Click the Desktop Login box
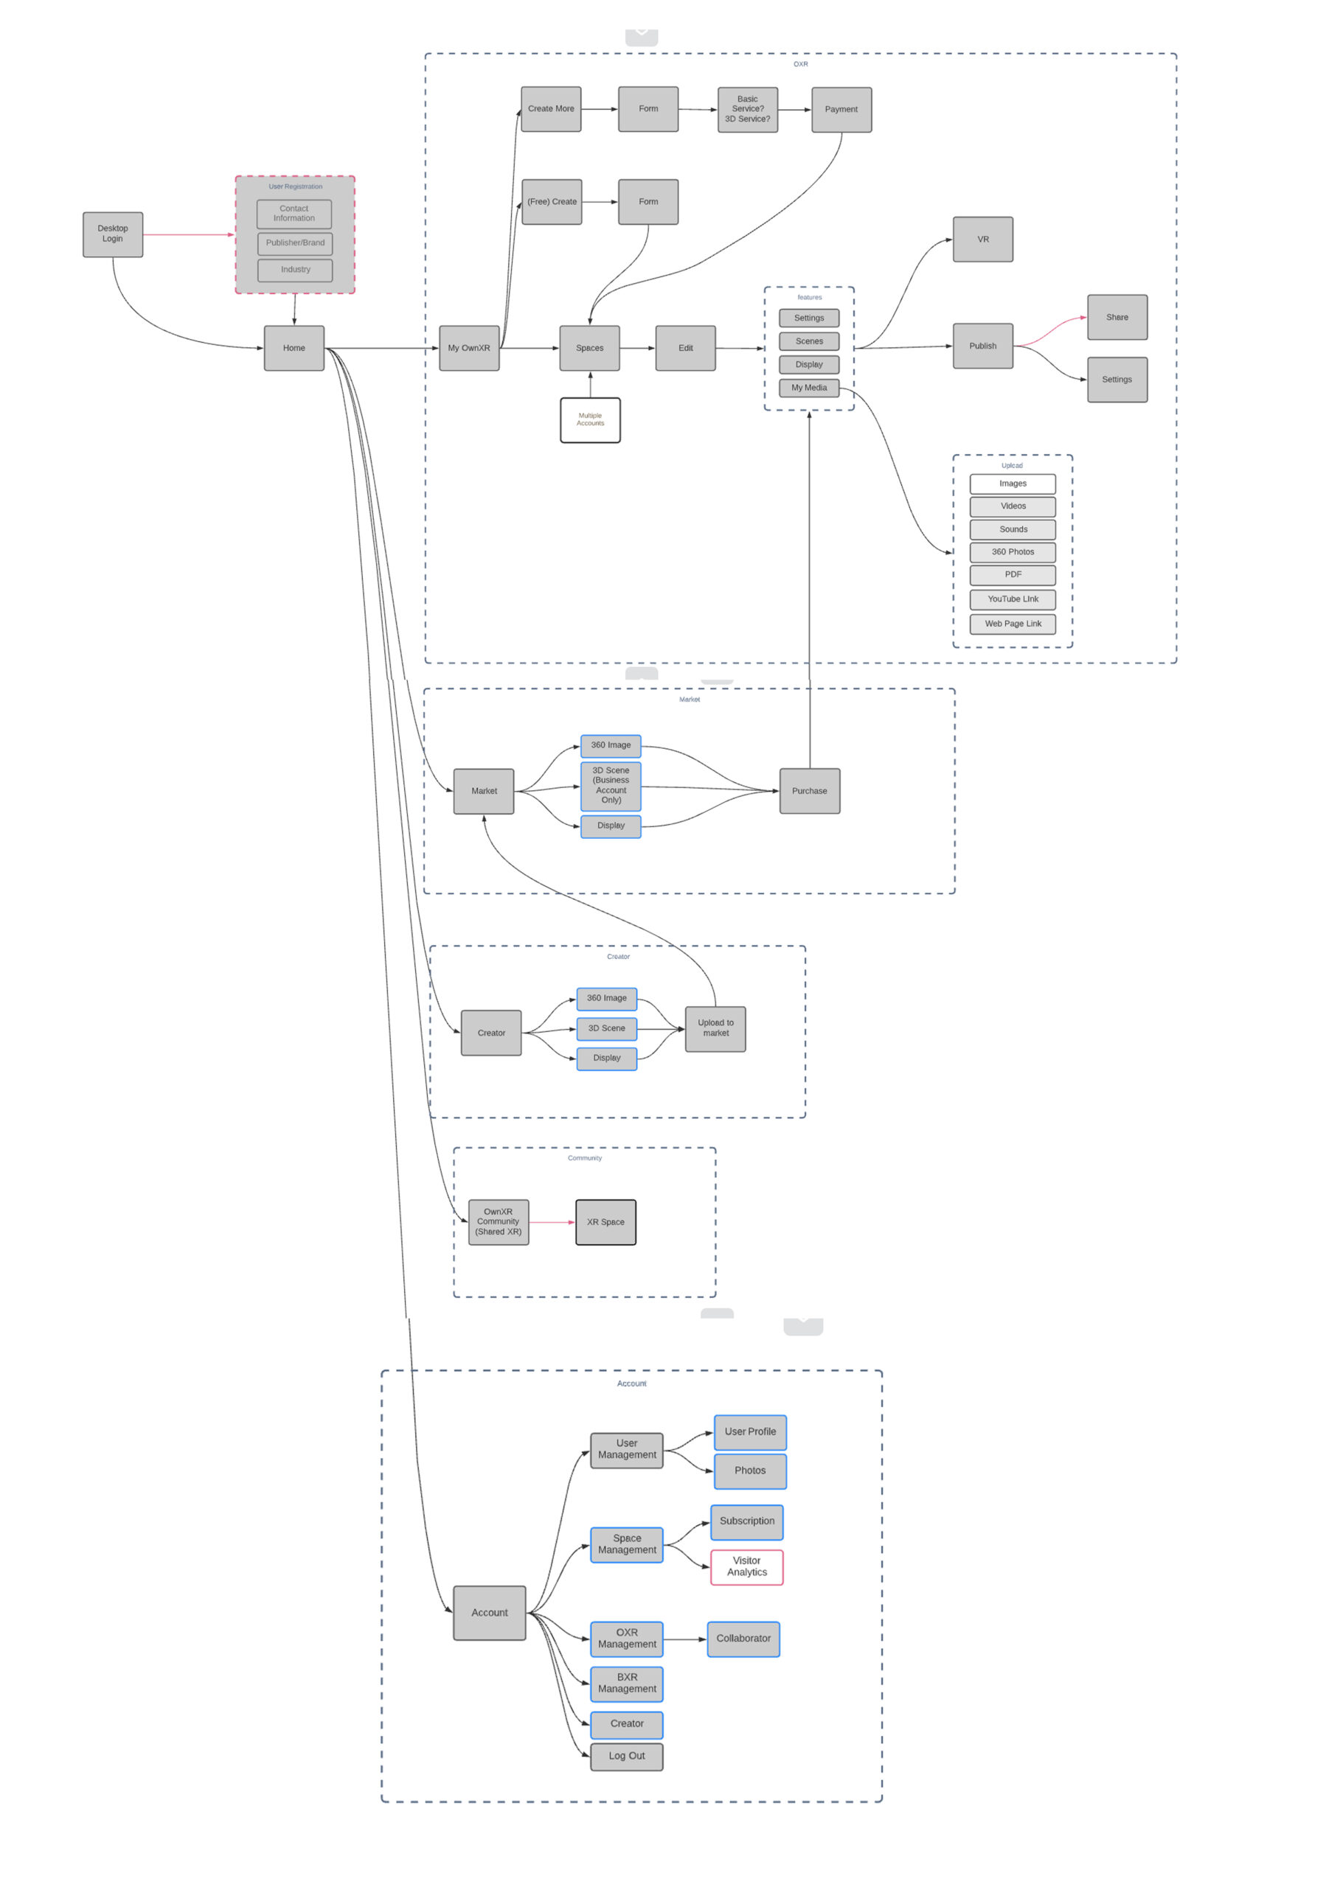[x=113, y=234]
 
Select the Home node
[x=294, y=348]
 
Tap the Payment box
[x=841, y=109]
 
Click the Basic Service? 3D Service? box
[x=747, y=109]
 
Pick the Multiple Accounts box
[x=589, y=420]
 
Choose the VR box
[x=982, y=239]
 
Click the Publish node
[x=982, y=346]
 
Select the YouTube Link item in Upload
[x=1012, y=599]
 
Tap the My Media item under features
[x=809, y=388]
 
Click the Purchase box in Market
[x=809, y=791]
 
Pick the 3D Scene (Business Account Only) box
[x=610, y=786]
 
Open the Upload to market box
[x=715, y=1028]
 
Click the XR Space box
[x=605, y=1222]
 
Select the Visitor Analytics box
[x=746, y=1566]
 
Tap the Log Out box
[x=626, y=1756]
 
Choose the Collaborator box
[x=743, y=1639]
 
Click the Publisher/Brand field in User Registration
[x=294, y=243]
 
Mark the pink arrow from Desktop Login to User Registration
[x=188, y=234]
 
